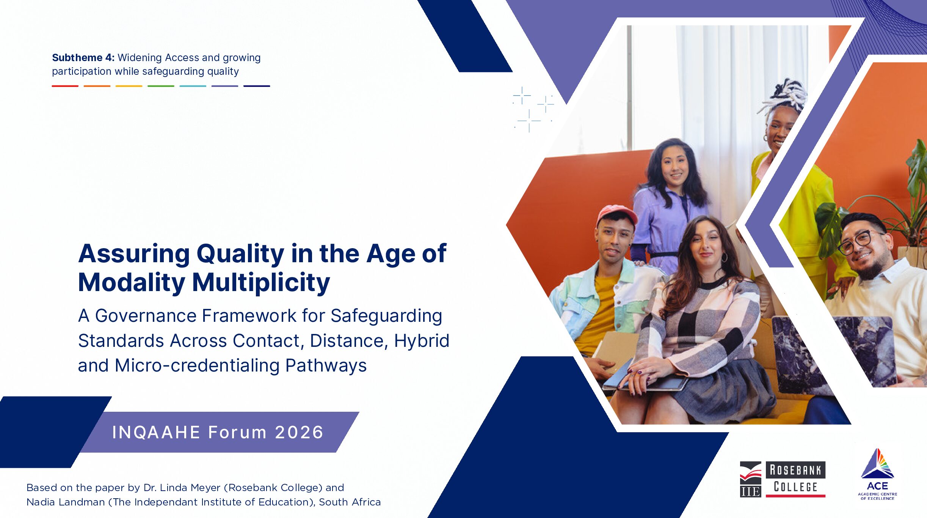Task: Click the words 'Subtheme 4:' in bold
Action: [83, 58]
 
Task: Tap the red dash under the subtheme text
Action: [65, 86]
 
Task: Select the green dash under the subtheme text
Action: [161, 86]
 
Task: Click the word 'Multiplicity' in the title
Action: [261, 283]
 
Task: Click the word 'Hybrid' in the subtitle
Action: [422, 341]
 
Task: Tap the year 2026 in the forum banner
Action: [299, 432]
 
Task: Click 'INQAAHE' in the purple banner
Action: [156, 432]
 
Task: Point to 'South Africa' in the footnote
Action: [350, 502]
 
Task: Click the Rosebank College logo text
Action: [795, 479]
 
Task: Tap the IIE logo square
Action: [750, 479]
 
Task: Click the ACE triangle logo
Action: [877, 464]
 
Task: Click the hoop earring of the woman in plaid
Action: [724, 258]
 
